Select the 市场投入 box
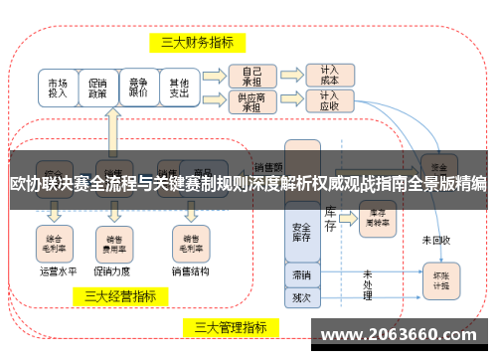pyautogui.click(x=59, y=87)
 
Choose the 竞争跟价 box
pyautogui.click(x=139, y=87)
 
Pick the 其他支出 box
pyautogui.click(x=179, y=87)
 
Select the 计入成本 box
pyautogui.click(x=329, y=75)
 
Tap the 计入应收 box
pyautogui.click(x=329, y=100)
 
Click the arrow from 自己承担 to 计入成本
pyautogui.click(x=289, y=75)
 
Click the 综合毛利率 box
pyautogui.click(x=56, y=241)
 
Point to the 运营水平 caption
pyautogui.click(x=57, y=270)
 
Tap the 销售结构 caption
pyautogui.click(x=190, y=270)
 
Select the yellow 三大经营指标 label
pyautogui.click(x=119, y=295)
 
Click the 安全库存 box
pyautogui.click(x=302, y=233)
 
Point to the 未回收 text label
pyautogui.click(x=435, y=240)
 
